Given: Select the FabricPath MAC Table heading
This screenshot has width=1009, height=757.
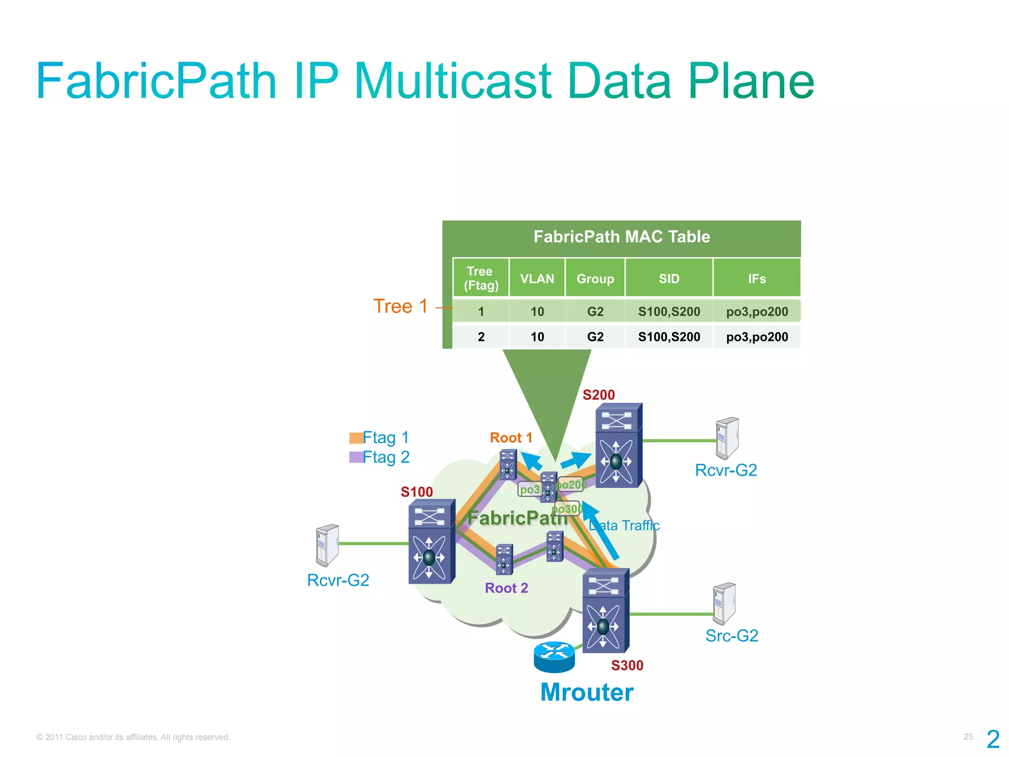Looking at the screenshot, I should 621,237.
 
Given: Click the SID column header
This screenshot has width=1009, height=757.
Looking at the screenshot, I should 669,279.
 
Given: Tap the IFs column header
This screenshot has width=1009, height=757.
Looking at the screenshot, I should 757,279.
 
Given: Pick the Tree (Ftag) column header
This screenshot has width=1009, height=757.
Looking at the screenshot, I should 481,278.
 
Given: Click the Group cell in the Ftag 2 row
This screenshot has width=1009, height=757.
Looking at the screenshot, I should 595,337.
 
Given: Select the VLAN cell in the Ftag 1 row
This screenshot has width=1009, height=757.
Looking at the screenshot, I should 537,311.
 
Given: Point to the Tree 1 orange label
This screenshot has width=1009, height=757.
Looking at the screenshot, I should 400,307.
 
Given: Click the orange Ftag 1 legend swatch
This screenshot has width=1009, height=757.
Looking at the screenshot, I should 356,438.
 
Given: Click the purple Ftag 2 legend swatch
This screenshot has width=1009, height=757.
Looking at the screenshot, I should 356,457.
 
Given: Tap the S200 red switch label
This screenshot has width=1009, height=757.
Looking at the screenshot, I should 599,395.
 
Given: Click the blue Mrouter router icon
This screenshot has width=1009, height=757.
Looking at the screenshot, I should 554,657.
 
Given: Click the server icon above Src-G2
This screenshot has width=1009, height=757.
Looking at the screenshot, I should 724,604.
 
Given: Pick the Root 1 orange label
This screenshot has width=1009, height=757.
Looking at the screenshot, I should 511,438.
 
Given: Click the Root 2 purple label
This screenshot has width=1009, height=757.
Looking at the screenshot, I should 506,588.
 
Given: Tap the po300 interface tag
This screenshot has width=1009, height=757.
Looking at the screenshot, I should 568,509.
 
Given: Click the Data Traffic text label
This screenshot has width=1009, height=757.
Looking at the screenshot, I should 624,526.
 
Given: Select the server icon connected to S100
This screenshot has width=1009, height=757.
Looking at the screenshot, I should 327,545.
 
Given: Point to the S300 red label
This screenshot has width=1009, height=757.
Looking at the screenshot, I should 627,666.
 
